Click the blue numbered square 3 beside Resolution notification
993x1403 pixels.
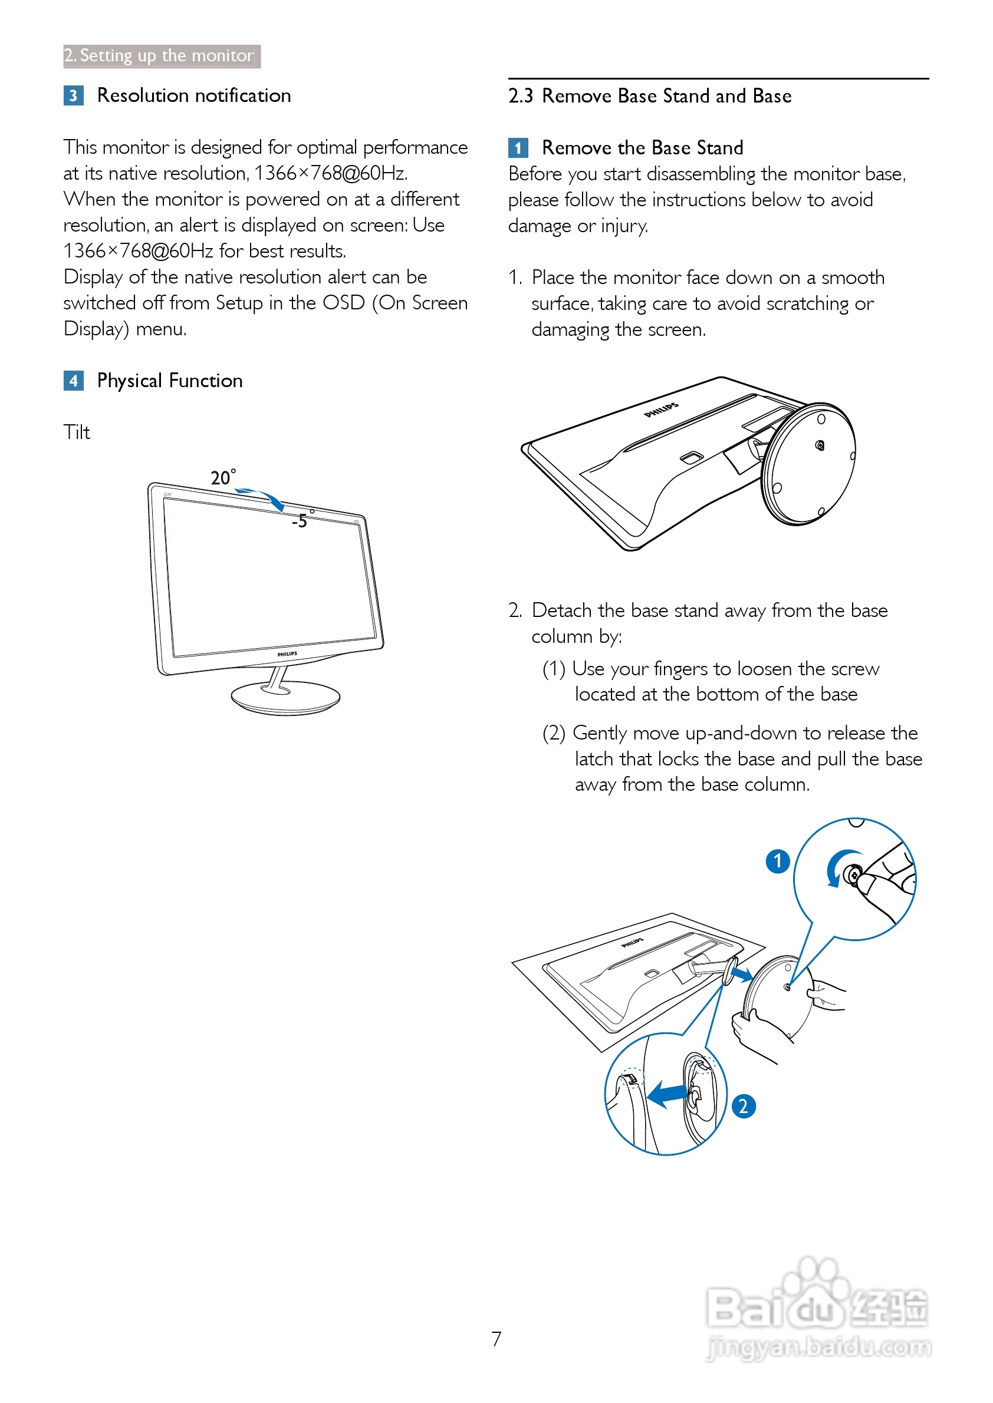[x=73, y=95]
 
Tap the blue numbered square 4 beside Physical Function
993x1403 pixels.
[x=73, y=381]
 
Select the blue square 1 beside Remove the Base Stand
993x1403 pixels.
[x=518, y=148]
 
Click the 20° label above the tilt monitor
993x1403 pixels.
[x=222, y=477]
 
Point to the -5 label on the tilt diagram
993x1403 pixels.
[x=300, y=521]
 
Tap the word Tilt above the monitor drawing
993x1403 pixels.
[x=77, y=433]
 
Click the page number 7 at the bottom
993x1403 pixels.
[x=496, y=1339]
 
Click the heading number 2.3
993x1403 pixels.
[x=520, y=96]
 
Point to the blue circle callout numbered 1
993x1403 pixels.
[x=778, y=861]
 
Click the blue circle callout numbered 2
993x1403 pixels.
[x=744, y=1106]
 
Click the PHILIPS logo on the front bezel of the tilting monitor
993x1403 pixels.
[x=287, y=654]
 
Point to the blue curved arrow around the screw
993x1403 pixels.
[x=838, y=866]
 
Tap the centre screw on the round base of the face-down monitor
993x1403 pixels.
[x=820, y=445]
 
